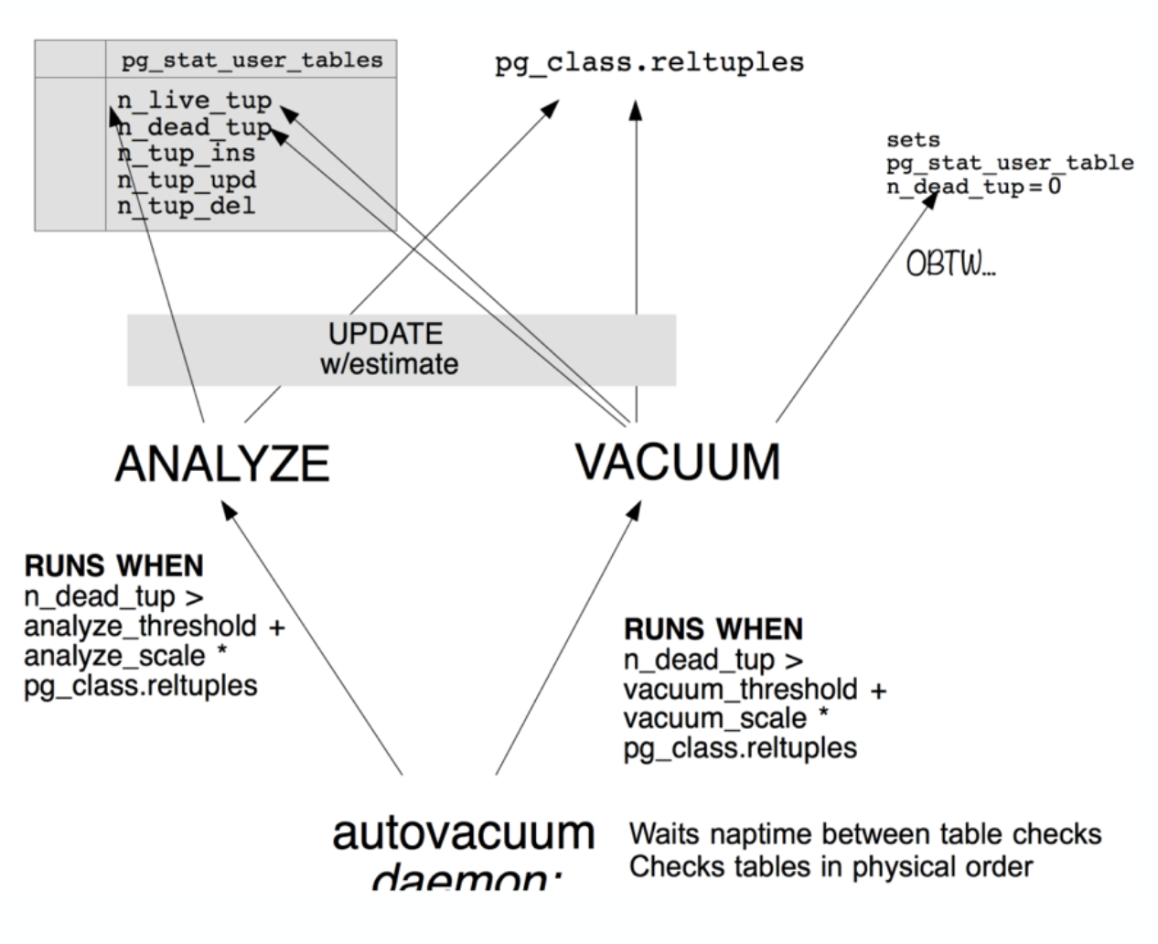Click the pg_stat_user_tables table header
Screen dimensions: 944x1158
pos(252,60)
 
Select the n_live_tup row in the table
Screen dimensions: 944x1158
pos(194,100)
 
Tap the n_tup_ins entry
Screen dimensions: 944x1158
pos(186,153)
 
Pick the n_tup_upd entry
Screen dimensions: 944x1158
pos(186,179)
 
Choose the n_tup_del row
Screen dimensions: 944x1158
pos(186,206)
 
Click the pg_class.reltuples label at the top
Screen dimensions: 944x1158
pos(649,63)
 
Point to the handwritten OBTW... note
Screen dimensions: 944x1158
pos(950,265)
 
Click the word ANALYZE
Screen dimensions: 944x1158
pos(222,463)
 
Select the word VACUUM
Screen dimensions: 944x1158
pos(678,461)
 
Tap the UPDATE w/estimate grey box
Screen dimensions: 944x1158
pos(401,349)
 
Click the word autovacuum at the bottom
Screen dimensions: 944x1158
pos(464,832)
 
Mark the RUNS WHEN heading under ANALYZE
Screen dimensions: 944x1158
pos(113,566)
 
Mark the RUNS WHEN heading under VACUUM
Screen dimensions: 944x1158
pos(713,629)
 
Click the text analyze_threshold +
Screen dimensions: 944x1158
pos(154,627)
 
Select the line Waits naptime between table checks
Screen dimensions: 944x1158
pos(865,834)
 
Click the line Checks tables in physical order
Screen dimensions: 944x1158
pos(831,866)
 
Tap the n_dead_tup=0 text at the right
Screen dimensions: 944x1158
pos(972,187)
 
